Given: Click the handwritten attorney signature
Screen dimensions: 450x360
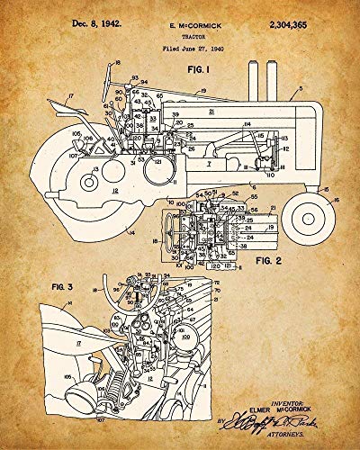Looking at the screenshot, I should pyautogui.click(x=261, y=416).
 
